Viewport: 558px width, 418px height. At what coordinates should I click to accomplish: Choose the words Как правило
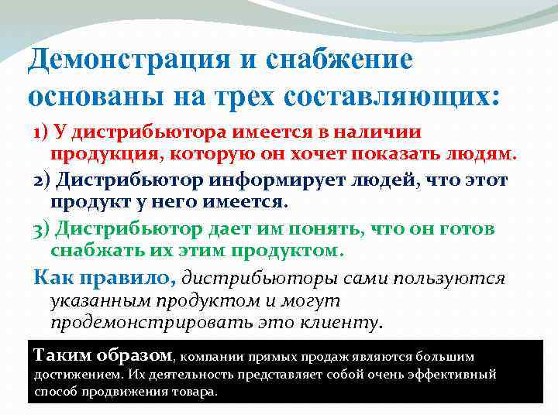click(x=105, y=277)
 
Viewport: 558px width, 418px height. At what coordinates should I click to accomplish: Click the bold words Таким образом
click(x=104, y=355)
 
